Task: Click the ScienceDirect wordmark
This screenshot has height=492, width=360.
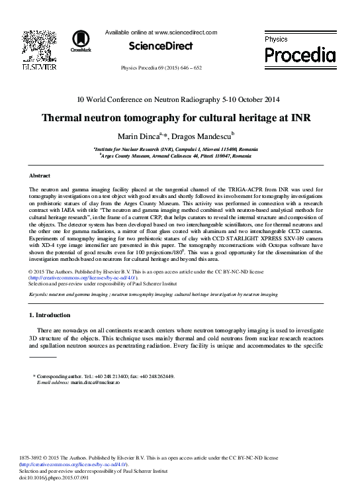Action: pos(161,46)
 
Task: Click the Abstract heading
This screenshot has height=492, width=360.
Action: pos(41,175)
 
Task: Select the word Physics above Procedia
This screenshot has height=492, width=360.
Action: pos(277,39)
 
